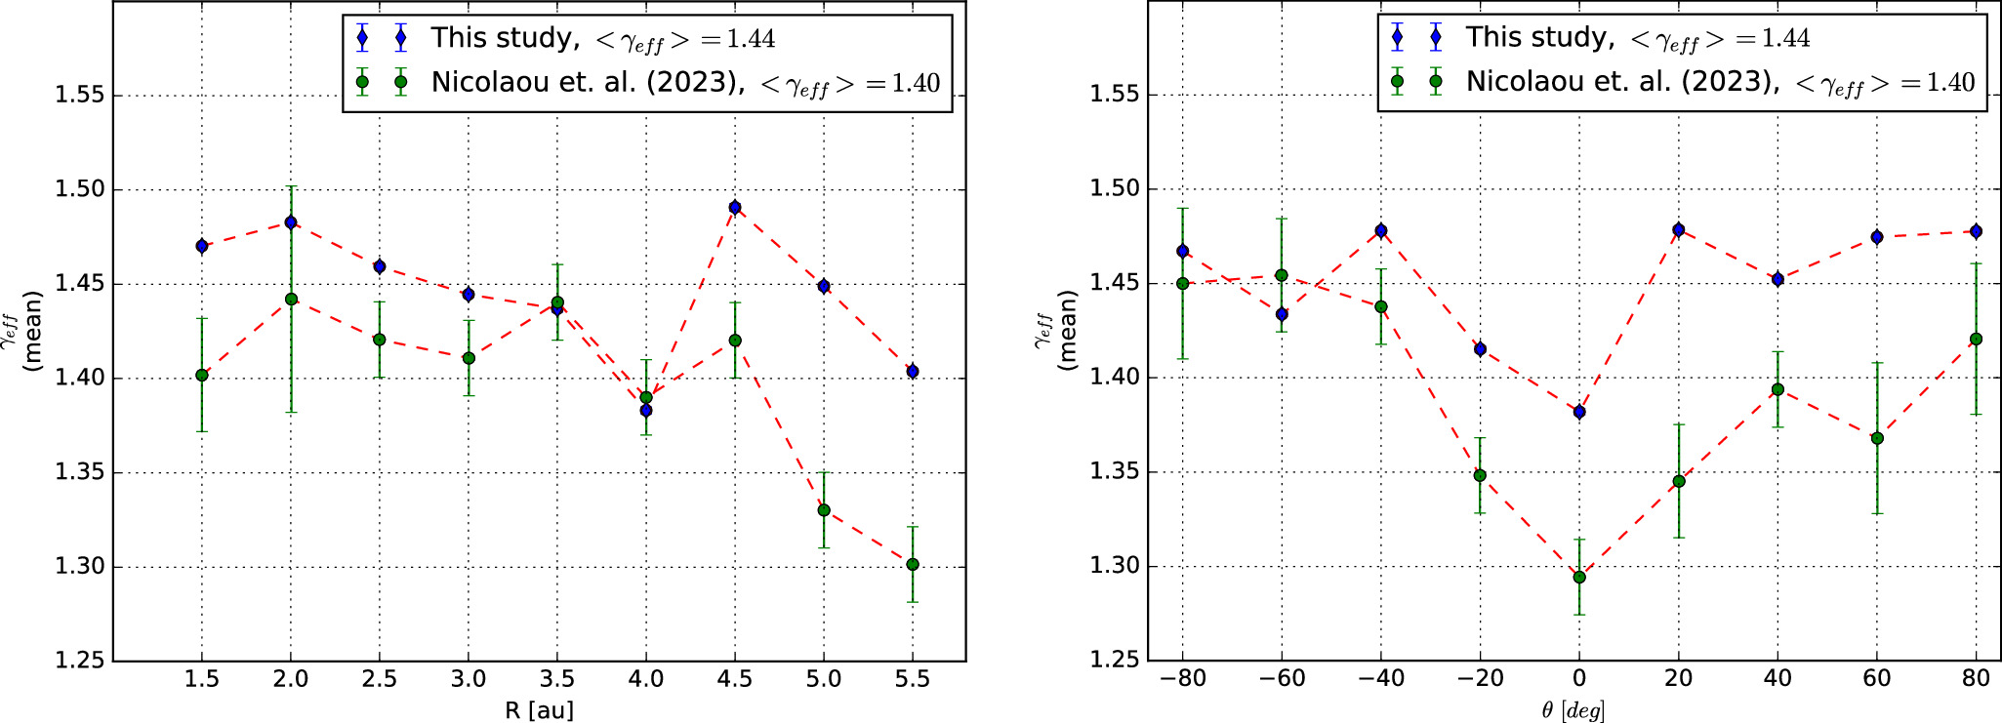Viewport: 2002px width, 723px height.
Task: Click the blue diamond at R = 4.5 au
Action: (735, 208)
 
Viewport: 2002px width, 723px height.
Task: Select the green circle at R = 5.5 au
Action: (913, 565)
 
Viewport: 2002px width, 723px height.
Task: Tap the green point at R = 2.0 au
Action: (291, 300)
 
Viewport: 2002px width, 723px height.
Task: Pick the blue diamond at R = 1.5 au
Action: (202, 246)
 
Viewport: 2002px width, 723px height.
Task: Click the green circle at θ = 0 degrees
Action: (1579, 578)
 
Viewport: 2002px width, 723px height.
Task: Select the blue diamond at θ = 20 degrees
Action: (1679, 230)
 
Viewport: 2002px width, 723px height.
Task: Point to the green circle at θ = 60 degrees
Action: (1877, 439)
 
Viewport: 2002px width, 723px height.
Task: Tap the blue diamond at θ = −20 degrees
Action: (1480, 349)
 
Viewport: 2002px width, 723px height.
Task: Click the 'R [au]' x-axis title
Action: (539, 710)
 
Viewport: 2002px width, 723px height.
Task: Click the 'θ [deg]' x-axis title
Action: (1573, 710)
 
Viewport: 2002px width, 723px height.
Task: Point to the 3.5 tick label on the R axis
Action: (557, 679)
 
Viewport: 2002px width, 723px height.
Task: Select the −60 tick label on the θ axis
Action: (1282, 679)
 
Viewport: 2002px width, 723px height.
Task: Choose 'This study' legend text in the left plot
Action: (504, 38)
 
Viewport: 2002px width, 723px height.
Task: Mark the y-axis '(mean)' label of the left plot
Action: (33, 331)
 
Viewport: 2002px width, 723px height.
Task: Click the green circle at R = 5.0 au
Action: (824, 510)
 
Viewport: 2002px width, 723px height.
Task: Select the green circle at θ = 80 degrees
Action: (1976, 340)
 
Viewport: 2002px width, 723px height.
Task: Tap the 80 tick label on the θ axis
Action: (1976, 679)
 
